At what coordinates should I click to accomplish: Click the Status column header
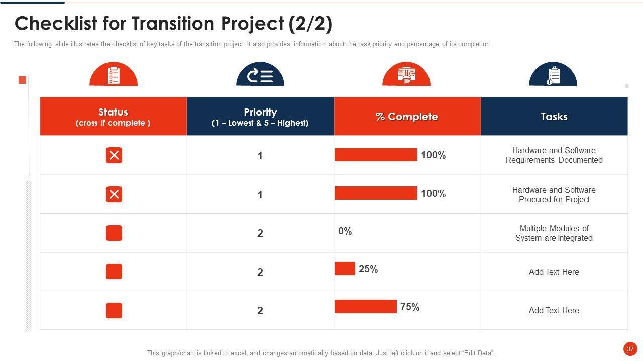113,116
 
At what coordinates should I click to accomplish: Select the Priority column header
260,116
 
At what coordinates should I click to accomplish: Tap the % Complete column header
407,116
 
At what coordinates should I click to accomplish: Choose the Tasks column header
554,116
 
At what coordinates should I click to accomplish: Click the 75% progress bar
366,306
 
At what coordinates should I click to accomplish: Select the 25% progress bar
345,268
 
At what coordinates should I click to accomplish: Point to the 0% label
345,231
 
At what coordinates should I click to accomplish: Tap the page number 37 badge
630,349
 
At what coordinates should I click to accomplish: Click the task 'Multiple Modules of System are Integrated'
554,233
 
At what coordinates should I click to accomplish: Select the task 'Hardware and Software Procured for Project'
554,195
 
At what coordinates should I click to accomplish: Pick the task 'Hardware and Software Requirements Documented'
554,155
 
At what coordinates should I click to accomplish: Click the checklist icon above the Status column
114,75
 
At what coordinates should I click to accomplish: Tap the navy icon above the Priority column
260,75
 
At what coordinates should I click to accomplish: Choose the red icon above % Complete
406,75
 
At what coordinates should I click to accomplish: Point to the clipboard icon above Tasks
553,75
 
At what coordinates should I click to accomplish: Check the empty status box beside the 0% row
114,233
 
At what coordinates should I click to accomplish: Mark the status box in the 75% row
114,311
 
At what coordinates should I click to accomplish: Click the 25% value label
368,269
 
